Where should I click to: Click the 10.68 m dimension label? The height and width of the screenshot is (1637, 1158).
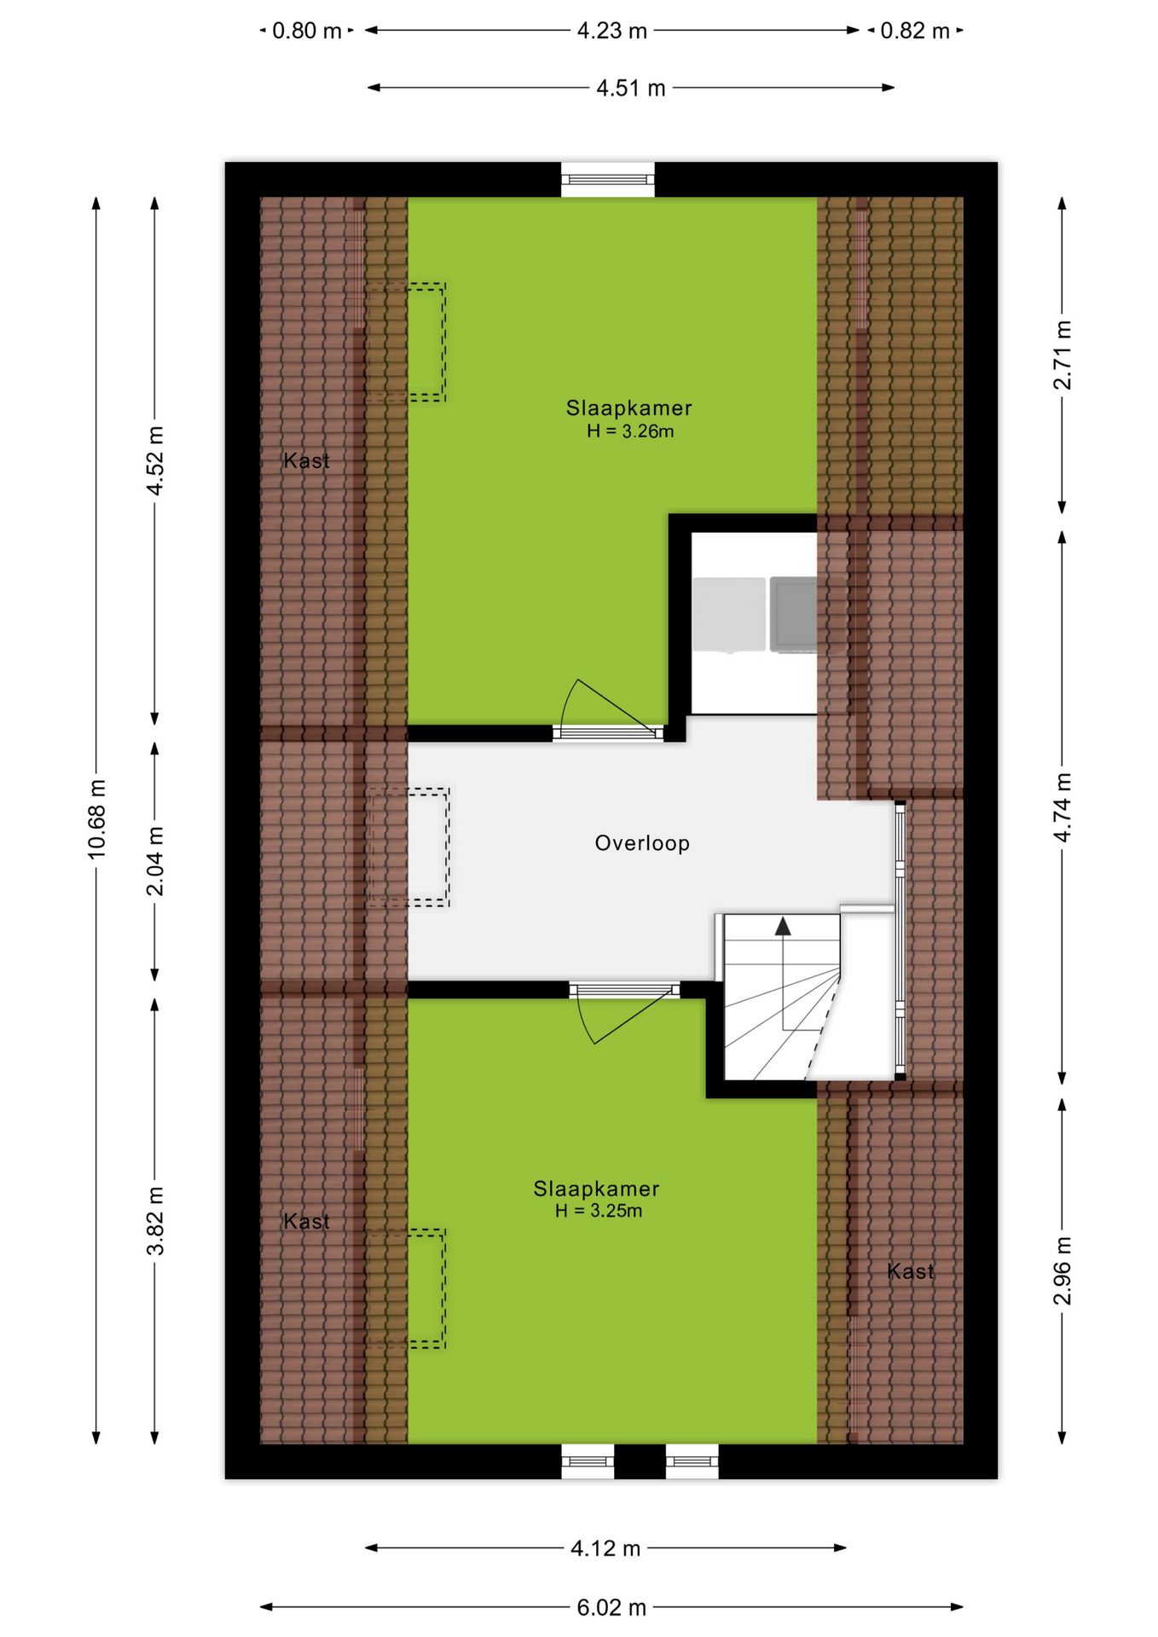point(96,818)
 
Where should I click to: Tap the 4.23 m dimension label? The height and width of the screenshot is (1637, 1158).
point(612,31)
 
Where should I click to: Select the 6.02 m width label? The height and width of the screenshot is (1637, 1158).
point(611,1607)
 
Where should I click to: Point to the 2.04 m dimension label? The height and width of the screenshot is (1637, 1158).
point(155,861)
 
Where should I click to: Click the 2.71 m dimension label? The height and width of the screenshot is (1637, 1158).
point(1062,355)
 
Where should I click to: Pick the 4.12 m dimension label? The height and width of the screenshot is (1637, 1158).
point(605,1548)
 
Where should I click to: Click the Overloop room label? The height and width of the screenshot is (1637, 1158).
point(642,843)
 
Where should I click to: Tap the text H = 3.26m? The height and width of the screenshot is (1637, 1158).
point(630,431)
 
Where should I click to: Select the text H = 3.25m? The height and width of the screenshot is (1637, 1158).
point(599,1211)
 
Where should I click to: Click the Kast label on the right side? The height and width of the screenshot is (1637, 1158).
point(911,1271)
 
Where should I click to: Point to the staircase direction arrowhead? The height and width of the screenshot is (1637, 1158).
point(783,927)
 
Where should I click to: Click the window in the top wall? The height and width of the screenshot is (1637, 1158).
point(608,179)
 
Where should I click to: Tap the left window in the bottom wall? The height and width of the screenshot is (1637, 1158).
point(588,1461)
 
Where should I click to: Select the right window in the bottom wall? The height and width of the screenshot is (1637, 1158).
point(692,1461)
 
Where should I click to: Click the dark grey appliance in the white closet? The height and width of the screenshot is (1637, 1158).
point(794,615)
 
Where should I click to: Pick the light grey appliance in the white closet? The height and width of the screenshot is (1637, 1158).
point(729,615)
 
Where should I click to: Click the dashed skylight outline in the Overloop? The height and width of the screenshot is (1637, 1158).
point(408,847)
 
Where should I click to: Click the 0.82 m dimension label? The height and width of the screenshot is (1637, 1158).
point(915,31)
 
